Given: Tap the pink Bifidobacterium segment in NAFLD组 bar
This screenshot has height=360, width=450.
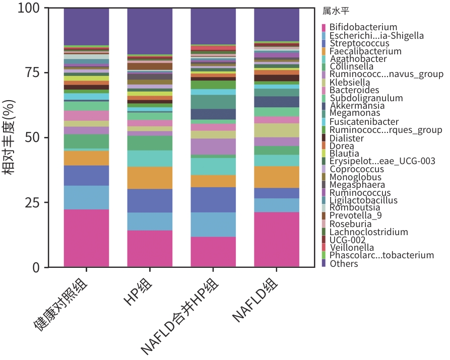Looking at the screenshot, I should [277, 239].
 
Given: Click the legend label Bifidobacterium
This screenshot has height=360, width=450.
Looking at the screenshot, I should [363, 27].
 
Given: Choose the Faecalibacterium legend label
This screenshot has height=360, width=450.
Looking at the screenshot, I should [365, 51].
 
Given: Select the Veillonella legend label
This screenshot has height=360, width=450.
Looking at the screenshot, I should [352, 247].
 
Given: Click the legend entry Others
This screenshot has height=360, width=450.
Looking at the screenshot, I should [344, 263].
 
